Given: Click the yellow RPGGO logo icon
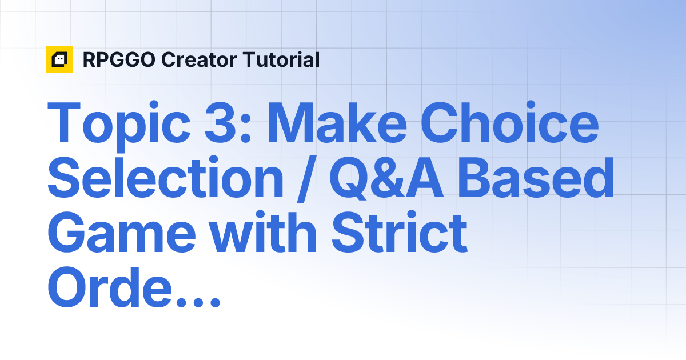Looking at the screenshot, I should click(59, 59).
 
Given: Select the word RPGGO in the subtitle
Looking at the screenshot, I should click(118, 60).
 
